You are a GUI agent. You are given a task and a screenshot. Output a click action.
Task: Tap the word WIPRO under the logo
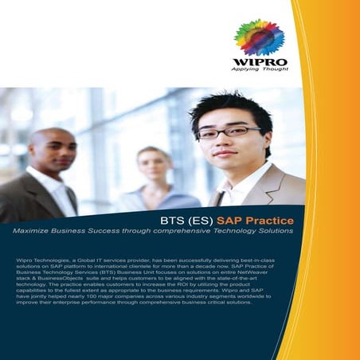click(x=259, y=61)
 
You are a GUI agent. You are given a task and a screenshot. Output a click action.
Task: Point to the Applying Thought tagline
click(x=259, y=69)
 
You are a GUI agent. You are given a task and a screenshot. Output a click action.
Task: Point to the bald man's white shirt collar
click(x=48, y=176)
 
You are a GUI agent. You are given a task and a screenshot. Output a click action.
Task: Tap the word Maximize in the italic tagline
click(x=30, y=231)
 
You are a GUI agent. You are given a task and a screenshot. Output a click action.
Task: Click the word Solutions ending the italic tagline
click(x=272, y=231)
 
